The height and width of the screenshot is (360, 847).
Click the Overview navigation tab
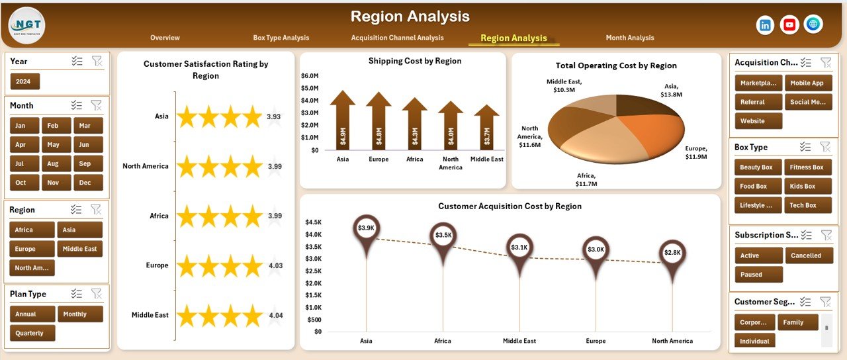[165, 38]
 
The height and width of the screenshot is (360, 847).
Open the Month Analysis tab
[629, 38]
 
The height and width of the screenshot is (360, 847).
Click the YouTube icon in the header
[789, 25]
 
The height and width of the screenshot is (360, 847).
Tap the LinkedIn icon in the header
[765, 25]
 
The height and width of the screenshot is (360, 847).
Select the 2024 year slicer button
[25, 81]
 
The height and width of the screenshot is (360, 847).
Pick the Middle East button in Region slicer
[80, 249]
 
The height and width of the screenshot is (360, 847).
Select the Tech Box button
[803, 205]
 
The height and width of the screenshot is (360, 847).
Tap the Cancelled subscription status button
[805, 255]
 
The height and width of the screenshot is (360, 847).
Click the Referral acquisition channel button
[758, 102]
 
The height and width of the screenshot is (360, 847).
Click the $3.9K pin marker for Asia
[366, 229]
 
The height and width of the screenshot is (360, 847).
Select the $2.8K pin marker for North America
[672, 253]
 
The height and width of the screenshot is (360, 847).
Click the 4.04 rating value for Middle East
[275, 316]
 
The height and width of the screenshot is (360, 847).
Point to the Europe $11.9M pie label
[696, 152]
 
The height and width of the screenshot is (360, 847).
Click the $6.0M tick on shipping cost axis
[310, 75]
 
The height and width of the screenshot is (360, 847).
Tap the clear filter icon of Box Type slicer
[825, 147]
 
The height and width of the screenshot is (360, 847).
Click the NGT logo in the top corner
[26, 25]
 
